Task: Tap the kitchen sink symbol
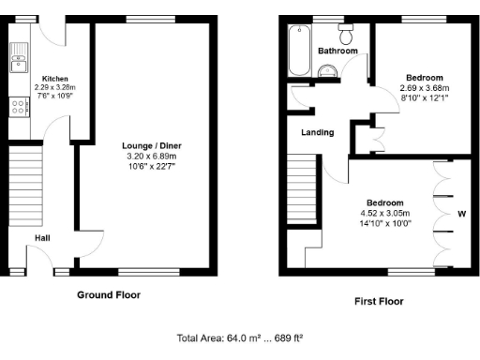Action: coord(17,63)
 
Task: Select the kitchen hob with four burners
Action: coord(17,108)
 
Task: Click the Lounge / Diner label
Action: coord(152,146)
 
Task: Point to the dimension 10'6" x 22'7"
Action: coord(152,167)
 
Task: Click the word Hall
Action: coord(43,238)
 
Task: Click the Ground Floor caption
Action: coord(109,294)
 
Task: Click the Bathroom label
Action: coord(337,51)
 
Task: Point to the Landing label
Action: coord(317,132)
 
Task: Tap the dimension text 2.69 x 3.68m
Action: coord(424,87)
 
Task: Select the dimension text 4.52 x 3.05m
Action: coord(384,213)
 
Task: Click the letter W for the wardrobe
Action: coord(459,212)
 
